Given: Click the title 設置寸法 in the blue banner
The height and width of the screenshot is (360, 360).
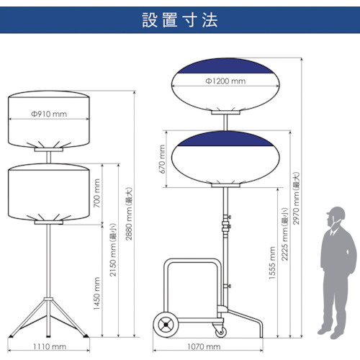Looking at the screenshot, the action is (180, 20).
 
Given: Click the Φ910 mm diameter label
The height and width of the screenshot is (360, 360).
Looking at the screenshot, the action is (49, 114).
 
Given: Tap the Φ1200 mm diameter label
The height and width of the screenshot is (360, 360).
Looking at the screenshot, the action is (225, 81).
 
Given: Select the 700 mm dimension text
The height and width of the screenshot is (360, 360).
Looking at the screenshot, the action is (96, 193).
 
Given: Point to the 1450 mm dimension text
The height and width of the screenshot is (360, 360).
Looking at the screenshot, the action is (96, 293).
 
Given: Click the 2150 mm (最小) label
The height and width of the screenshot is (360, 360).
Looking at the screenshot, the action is (113, 250).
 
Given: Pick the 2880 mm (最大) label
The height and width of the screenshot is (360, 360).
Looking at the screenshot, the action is (129, 214).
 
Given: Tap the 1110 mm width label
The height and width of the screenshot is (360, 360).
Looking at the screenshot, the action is (50, 346).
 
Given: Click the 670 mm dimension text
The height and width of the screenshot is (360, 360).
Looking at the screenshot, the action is (162, 159).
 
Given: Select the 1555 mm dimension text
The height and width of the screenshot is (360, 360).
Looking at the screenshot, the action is (272, 263).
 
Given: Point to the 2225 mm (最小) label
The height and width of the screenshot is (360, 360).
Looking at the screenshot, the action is (284, 234).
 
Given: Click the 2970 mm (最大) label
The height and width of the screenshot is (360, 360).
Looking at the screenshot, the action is (297, 198).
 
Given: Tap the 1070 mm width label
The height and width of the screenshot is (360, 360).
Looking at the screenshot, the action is (204, 346).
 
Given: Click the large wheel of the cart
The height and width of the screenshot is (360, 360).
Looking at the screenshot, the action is (166, 325).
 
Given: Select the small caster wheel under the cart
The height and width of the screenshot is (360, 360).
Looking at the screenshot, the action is (220, 332).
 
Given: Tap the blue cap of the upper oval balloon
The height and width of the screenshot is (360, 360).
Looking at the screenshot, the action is (225, 66).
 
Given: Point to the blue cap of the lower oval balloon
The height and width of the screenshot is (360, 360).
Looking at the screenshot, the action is (225, 139).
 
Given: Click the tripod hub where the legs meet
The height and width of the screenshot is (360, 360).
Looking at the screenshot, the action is (49, 301).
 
